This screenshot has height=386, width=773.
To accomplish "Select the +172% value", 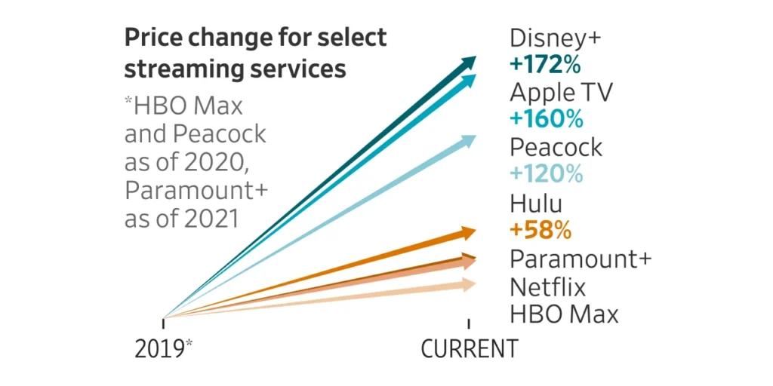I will pos(545,65).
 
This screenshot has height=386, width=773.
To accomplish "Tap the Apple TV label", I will pos(561,92).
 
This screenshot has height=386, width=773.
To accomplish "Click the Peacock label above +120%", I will pos(556,147).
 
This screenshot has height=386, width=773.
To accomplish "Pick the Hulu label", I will pos(536,203).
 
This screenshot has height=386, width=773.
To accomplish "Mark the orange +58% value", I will pos(540,229).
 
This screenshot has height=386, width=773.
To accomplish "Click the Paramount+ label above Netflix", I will pos(581,259).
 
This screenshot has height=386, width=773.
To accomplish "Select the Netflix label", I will pos(547,286).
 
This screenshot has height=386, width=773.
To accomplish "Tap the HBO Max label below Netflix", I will pos(564,314).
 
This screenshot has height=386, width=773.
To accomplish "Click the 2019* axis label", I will pos(164,349).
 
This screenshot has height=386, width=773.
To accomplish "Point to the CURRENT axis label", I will pos(469,349).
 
